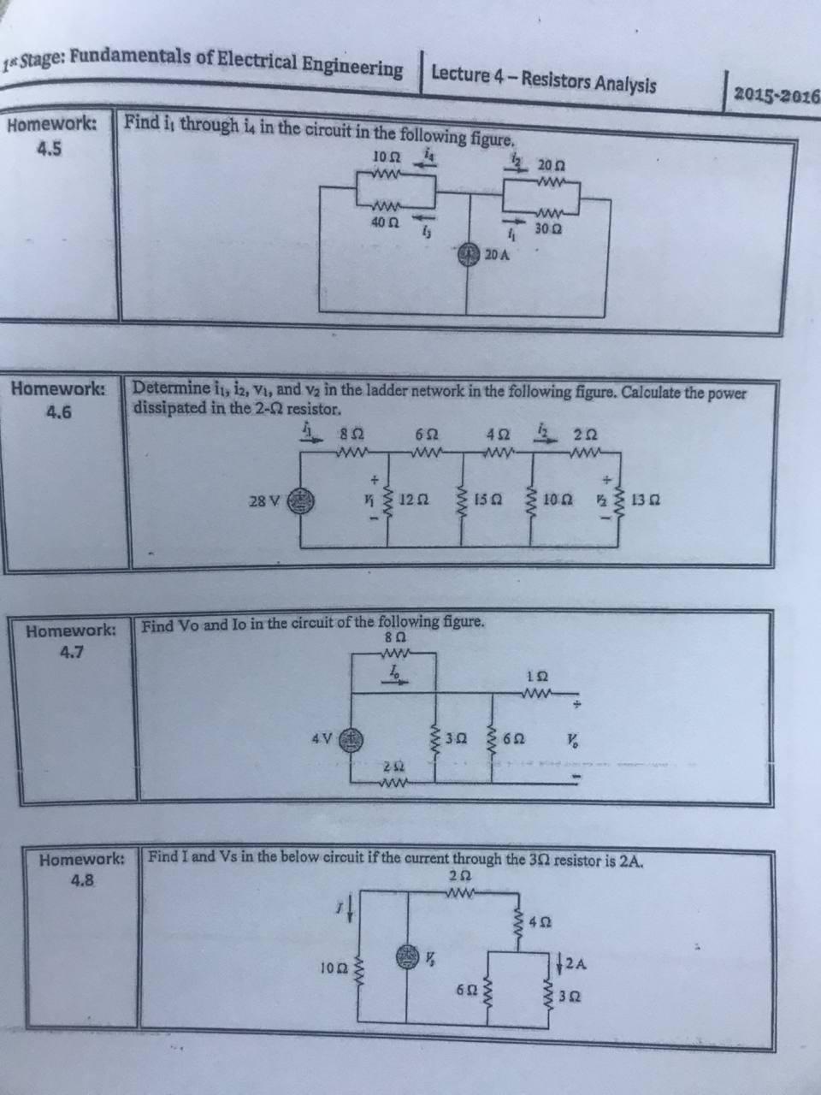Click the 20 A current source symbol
468,255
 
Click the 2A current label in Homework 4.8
577,964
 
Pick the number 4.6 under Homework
58,412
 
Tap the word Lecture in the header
460,75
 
